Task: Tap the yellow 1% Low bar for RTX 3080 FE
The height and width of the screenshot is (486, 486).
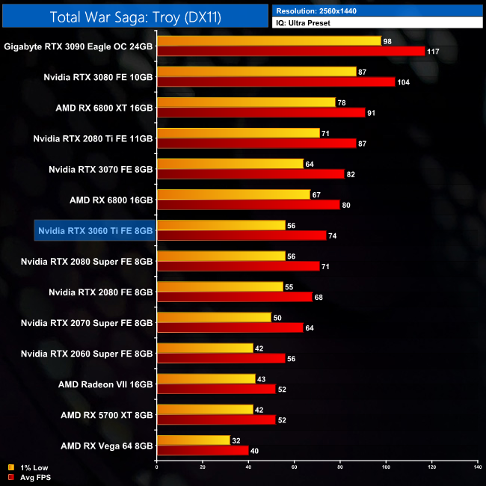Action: (x=256, y=72)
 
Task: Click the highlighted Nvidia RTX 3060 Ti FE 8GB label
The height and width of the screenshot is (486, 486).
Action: (x=95, y=231)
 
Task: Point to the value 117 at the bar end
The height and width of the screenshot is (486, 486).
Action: (x=433, y=52)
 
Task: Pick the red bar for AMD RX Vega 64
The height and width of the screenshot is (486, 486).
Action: (x=202, y=450)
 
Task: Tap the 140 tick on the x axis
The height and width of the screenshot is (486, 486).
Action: (x=477, y=467)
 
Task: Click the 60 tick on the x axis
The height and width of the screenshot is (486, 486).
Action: (x=294, y=467)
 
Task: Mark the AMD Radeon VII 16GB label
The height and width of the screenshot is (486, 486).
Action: (x=105, y=384)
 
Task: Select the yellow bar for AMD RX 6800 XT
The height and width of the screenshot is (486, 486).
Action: (x=246, y=102)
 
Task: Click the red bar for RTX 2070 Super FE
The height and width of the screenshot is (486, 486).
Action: (x=230, y=327)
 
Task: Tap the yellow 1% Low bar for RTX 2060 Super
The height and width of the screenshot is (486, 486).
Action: (x=205, y=348)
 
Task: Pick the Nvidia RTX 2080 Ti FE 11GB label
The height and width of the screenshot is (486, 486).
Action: (x=93, y=138)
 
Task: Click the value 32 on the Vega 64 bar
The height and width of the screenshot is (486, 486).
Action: (x=237, y=440)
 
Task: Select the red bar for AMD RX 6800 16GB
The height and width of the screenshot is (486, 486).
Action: (x=248, y=205)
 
